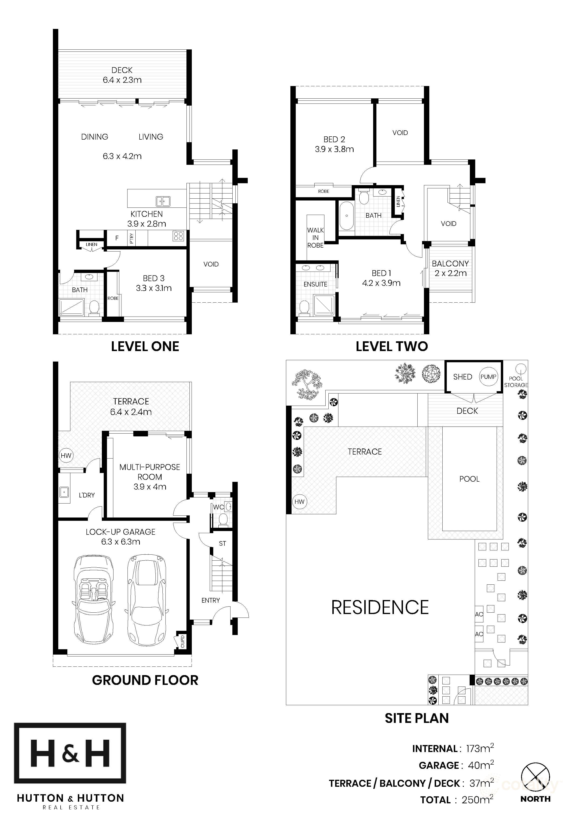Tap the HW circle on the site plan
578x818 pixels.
tap(299, 502)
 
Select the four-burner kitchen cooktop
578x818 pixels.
tap(179, 236)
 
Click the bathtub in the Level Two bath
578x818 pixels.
tap(346, 216)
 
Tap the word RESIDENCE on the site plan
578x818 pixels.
tap(380, 608)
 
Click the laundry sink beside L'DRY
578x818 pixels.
tap(64, 493)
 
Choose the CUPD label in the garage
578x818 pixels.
tap(182, 641)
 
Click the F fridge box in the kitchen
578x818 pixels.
tap(117, 238)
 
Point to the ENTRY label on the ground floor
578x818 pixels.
tap(210, 600)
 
